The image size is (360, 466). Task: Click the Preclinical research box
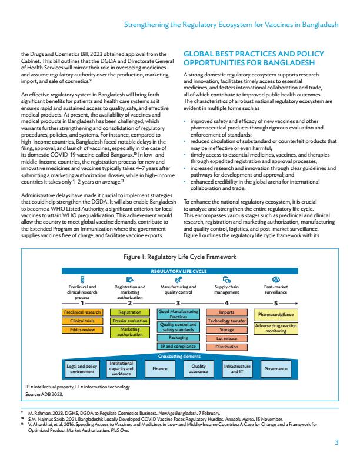click(82, 312)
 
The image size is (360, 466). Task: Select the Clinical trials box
click(82, 321)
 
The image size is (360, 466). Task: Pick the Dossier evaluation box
click(129, 321)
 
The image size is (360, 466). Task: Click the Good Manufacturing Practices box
click(178, 314)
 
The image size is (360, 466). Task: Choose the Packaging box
click(178, 338)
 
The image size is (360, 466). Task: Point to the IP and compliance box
click(178, 347)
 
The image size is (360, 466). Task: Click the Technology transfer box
click(226, 321)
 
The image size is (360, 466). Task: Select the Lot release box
click(226, 339)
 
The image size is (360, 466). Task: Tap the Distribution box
click(226, 347)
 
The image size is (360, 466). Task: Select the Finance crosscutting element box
click(160, 369)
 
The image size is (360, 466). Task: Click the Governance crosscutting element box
click(276, 369)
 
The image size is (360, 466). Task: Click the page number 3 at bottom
click(336, 442)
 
